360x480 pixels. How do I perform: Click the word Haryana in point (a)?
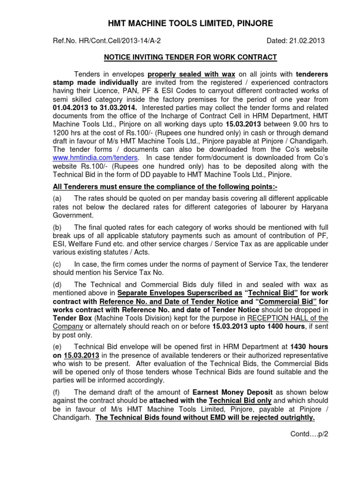315,207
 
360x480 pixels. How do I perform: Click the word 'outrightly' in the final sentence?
294,417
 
